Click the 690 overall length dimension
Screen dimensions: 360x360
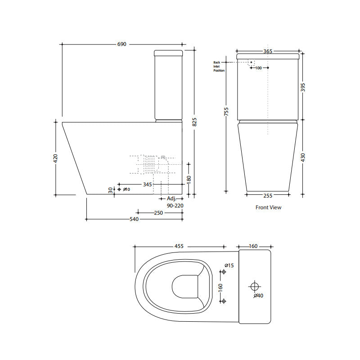[122, 45]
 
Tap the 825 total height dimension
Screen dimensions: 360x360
[194, 121]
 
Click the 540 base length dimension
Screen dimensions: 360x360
[134, 219]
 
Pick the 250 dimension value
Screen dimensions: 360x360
[158, 213]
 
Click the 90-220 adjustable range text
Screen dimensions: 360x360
[175, 205]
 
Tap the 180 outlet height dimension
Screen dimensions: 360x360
[189, 178]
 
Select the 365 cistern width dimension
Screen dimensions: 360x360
[267, 51]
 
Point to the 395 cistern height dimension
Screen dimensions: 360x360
[303, 86]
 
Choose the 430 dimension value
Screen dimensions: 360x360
[303, 157]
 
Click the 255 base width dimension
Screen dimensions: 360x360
[268, 195]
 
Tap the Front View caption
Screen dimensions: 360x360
[268, 207]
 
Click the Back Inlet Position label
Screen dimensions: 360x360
[219, 67]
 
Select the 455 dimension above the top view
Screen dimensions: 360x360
[179, 246]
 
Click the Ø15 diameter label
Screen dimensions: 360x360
[230, 265]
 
